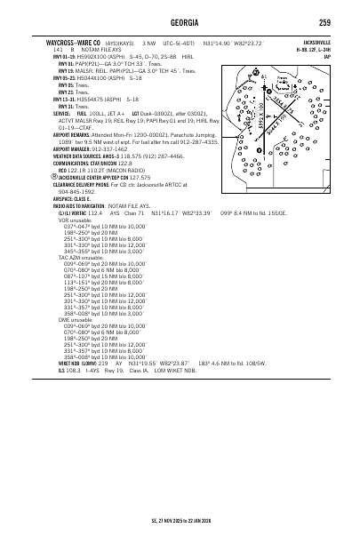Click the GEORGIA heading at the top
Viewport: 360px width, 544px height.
pyautogui.click(x=180, y=22)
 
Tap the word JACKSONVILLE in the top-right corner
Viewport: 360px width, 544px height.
pyautogui.click(x=315, y=41)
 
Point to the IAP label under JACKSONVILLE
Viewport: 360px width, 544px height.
pyautogui.click(x=328, y=55)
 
